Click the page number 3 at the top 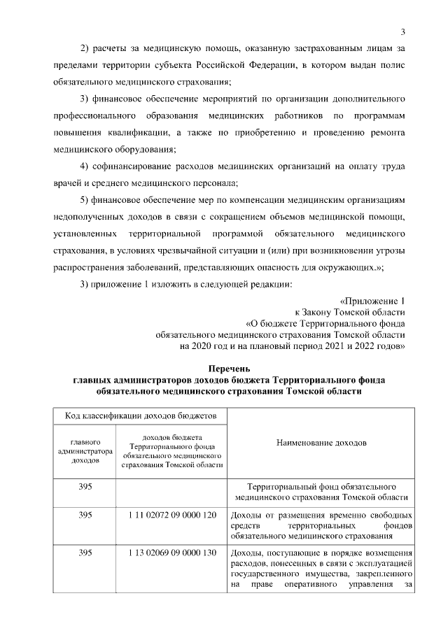click(403, 31)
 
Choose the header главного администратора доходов click(85, 452)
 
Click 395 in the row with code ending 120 click(85, 515)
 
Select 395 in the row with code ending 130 click(85, 553)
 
